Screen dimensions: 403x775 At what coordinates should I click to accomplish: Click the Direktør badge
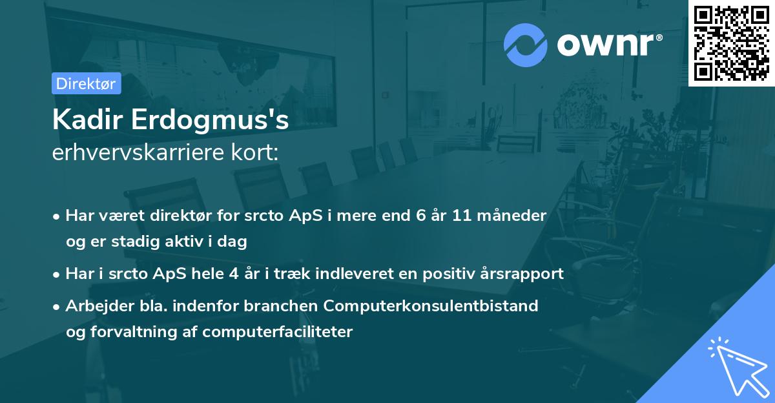(86, 83)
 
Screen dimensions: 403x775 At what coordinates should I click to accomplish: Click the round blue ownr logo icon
(526, 45)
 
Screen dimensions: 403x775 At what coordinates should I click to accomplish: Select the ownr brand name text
(606, 45)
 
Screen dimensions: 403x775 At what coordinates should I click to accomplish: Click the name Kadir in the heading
(87, 120)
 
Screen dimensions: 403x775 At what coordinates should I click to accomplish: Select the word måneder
(515, 215)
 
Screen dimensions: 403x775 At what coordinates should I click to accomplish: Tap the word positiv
(451, 274)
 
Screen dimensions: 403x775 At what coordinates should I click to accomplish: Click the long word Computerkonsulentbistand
(440, 305)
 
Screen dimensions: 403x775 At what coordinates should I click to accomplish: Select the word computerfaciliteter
(278, 332)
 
